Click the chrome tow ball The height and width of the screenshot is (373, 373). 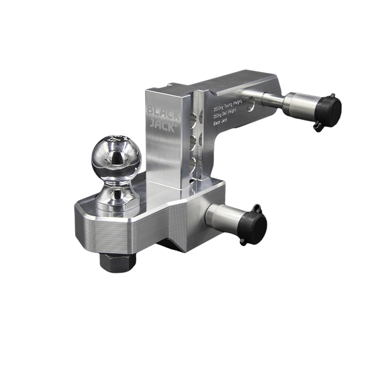tap(116, 157)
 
